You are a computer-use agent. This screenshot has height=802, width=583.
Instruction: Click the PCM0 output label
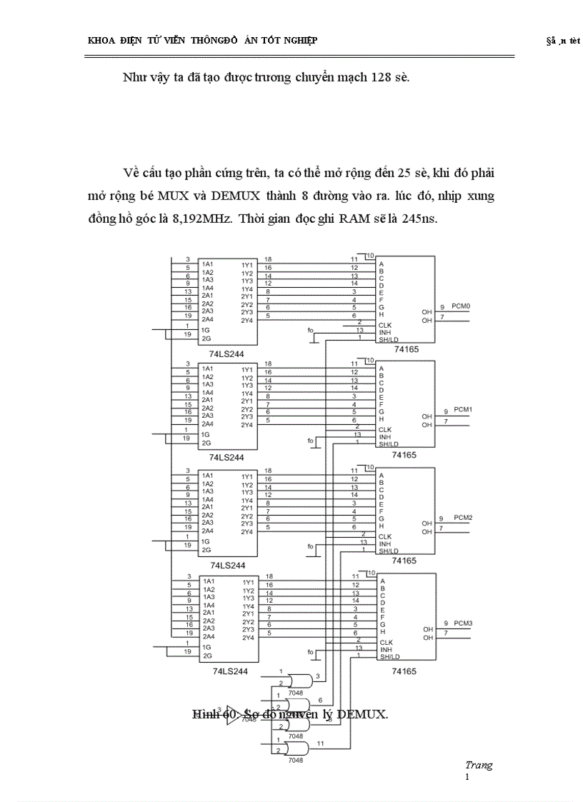461,306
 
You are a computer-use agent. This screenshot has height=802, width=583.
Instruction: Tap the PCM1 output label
463,410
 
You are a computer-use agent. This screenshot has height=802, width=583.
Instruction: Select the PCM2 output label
463,517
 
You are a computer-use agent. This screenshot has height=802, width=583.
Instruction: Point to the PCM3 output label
463,623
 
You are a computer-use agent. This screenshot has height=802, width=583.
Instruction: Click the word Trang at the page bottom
478,765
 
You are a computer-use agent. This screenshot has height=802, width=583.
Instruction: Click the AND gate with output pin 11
296,748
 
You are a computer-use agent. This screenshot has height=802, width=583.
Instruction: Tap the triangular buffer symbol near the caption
234,714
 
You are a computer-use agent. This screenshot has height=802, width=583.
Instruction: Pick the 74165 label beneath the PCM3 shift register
404,671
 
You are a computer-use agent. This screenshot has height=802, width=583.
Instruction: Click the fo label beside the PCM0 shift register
310,331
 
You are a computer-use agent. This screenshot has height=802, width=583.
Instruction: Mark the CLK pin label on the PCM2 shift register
385,536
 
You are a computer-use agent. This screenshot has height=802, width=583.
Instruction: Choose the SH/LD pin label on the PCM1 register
389,444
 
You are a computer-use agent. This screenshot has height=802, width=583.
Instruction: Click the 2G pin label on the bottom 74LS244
206,655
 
